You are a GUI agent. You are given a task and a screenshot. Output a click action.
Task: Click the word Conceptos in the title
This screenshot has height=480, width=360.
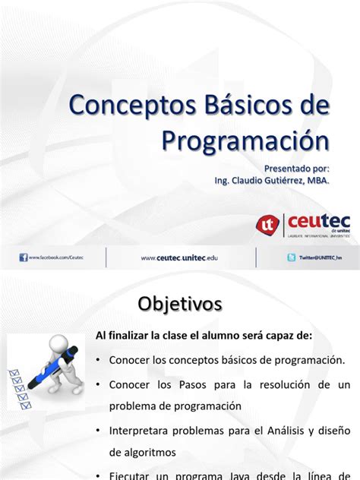[x=127, y=106]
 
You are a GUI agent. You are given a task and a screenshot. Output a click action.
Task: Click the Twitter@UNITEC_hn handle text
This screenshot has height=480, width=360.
[x=320, y=258]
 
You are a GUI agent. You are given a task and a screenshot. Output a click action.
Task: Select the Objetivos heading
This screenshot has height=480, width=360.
[x=180, y=304]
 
